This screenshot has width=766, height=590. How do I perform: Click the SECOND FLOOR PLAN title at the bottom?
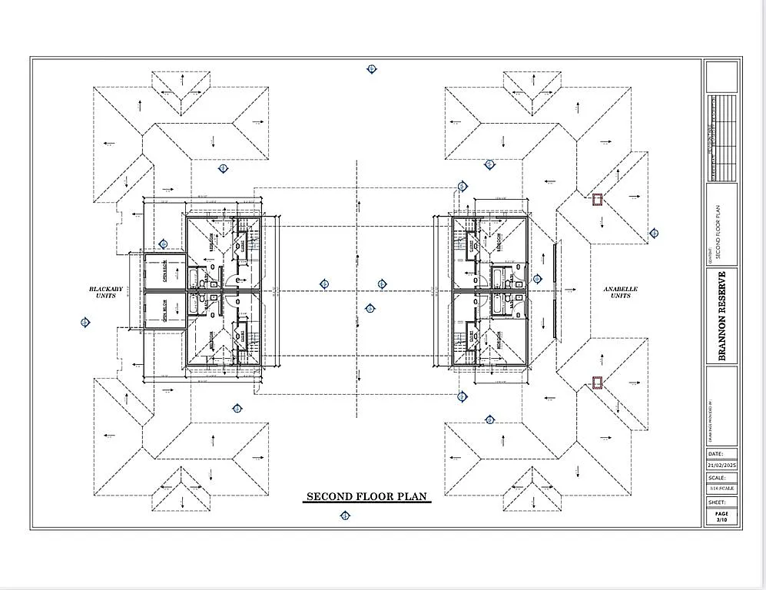pyautogui.click(x=366, y=497)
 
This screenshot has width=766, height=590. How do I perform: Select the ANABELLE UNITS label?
pyautogui.click(x=621, y=293)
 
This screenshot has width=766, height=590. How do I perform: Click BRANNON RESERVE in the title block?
pyautogui.click(x=722, y=316)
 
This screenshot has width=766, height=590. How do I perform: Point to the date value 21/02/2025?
pyautogui.click(x=721, y=466)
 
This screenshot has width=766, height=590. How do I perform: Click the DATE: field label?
pyautogui.click(x=715, y=454)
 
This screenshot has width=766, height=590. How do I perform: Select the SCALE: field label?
pyautogui.click(x=717, y=477)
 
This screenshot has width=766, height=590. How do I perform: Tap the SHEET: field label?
pyautogui.click(x=717, y=502)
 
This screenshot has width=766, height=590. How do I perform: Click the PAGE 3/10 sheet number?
pyautogui.click(x=721, y=517)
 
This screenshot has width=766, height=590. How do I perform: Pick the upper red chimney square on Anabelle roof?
pyautogui.click(x=596, y=200)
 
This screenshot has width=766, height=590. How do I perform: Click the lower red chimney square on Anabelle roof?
pyautogui.click(x=596, y=382)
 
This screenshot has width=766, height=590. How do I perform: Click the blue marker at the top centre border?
pyautogui.click(x=372, y=69)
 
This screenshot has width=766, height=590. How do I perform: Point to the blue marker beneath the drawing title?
pyautogui.click(x=344, y=516)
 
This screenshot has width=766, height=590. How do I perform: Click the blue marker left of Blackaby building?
pyautogui.click(x=85, y=322)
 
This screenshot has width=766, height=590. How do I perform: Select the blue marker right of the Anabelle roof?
pyautogui.click(x=655, y=234)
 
